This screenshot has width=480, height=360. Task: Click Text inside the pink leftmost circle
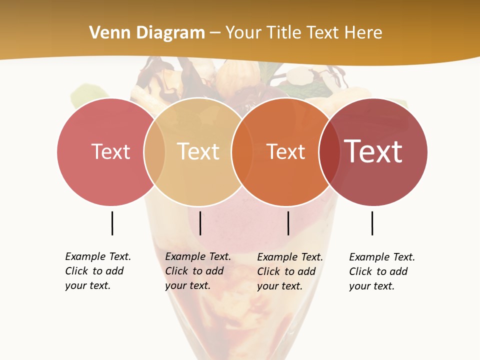tap(110, 151)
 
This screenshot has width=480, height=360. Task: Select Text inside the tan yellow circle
tap(198, 151)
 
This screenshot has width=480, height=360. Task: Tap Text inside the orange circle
tap(286, 152)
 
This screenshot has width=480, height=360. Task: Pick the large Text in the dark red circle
tap(373, 151)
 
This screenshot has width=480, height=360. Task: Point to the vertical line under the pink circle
tap(112, 223)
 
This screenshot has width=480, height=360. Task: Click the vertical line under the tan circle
tap(200, 223)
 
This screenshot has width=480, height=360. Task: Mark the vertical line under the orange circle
tap(288, 223)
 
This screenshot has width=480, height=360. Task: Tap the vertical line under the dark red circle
tap(372, 223)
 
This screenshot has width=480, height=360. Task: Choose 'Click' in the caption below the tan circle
tap(176, 271)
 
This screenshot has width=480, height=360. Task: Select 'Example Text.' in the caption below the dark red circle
tap(382, 257)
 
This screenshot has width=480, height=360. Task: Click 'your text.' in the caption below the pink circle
tap(87, 286)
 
